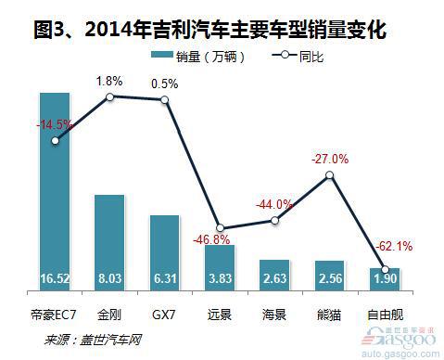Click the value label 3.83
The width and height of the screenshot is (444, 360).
click(219, 277)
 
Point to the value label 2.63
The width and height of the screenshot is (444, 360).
click(274, 277)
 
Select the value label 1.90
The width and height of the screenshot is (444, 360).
click(384, 278)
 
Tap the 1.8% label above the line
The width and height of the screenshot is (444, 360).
click(110, 80)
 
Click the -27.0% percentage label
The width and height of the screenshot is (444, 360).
click(330, 159)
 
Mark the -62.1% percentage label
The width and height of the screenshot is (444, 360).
click(394, 247)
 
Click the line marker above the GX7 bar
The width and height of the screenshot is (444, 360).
click(165, 101)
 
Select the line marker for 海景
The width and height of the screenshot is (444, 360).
click(274, 219)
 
